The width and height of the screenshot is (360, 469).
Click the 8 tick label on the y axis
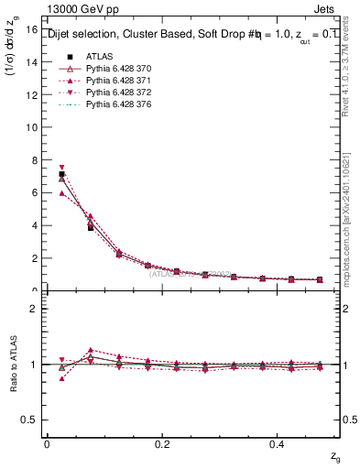point(35,160)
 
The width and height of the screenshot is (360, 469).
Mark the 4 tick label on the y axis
point(35,225)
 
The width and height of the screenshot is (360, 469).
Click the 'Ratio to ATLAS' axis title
point(13,365)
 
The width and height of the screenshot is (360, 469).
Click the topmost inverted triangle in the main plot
point(61,168)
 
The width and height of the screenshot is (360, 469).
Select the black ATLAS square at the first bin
point(61,174)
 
